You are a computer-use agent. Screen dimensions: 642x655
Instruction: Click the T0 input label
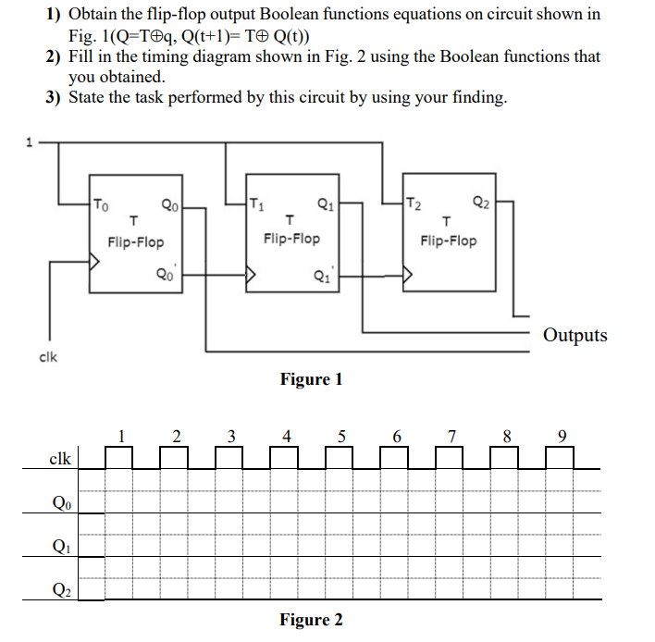pos(102,206)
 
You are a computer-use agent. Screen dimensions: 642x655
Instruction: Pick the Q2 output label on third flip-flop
pos(480,204)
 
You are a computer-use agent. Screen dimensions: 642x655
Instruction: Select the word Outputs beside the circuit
pos(575,335)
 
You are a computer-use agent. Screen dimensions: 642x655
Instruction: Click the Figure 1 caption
pos(311,379)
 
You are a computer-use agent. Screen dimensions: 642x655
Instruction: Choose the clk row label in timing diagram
pos(59,459)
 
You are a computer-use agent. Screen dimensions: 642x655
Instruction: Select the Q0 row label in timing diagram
pos(59,503)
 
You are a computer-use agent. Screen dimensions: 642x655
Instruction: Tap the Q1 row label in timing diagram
pos(59,546)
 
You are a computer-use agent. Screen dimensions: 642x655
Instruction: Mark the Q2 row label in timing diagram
pos(59,588)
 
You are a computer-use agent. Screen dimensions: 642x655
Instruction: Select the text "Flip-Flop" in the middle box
pos(291,239)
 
